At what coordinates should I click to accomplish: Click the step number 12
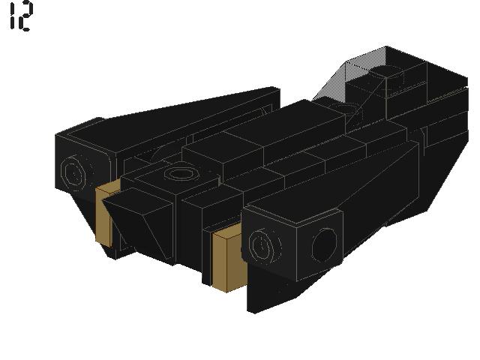point(21,16)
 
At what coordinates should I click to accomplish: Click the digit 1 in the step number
point(12,16)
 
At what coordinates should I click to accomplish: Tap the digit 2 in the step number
point(25,16)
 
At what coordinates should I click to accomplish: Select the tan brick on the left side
point(105,214)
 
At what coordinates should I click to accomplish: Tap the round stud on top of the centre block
point(181,174)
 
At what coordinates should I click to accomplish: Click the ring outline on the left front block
point(73,171)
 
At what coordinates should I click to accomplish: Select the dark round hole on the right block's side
point(325,245)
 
